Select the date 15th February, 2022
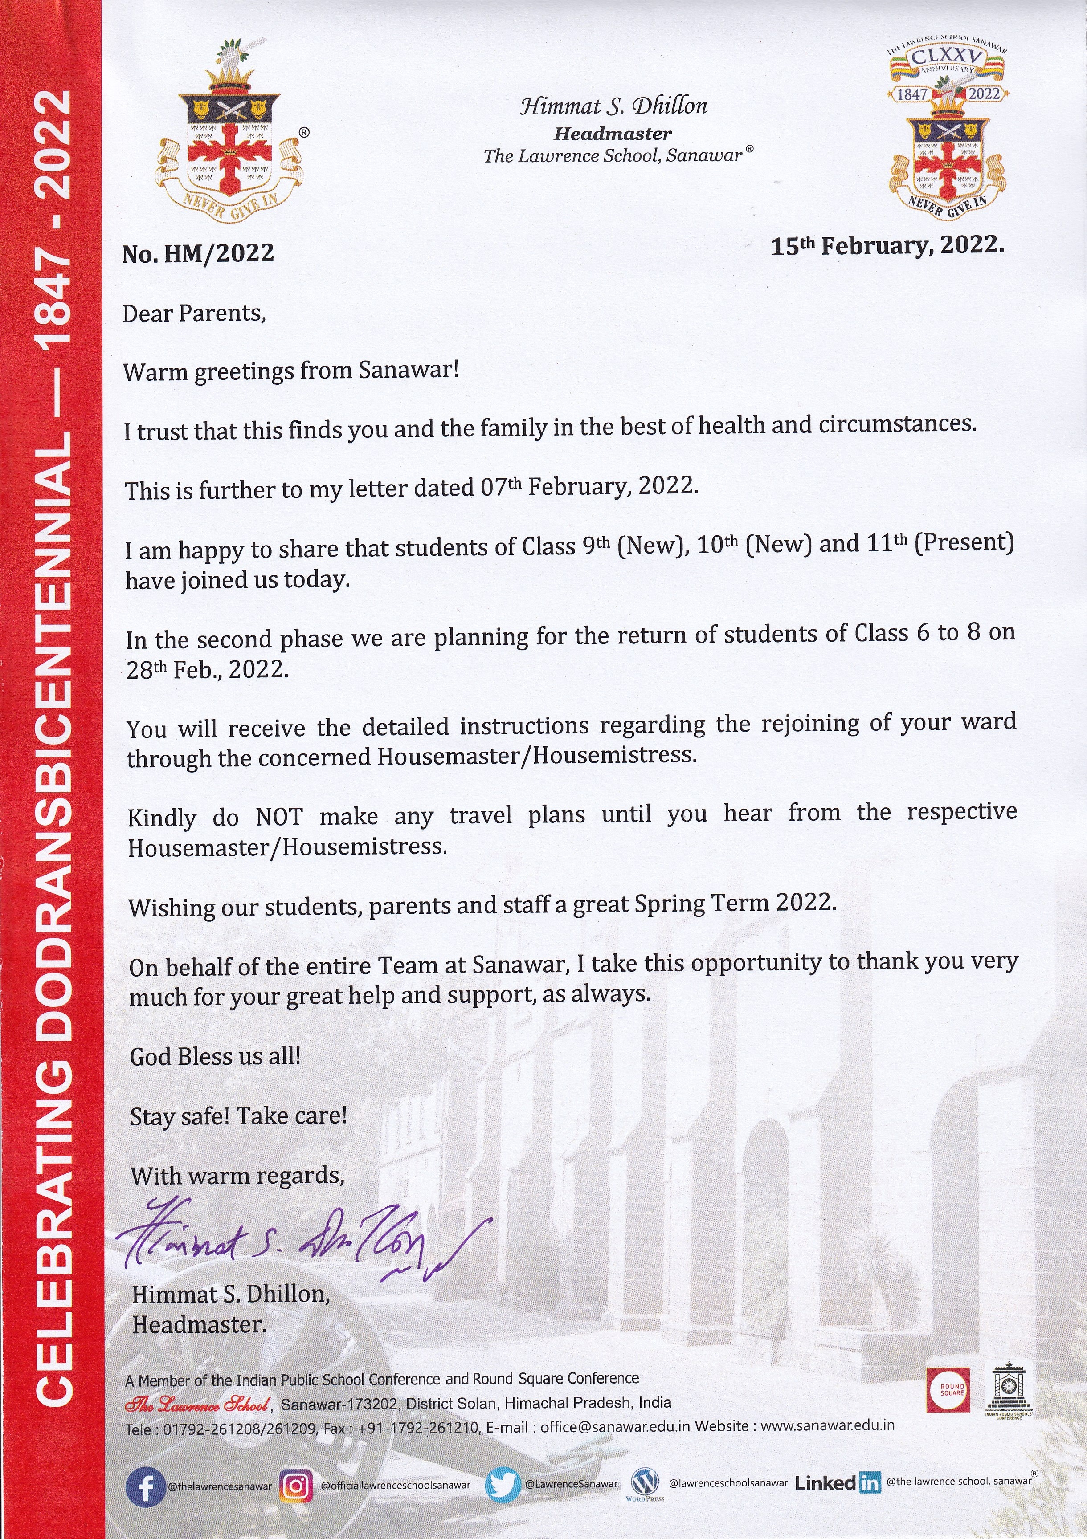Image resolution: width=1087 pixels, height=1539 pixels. tap(887, 246)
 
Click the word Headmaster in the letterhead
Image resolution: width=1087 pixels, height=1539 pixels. tap(612, 134)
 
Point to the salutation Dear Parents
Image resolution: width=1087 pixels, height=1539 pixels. tap(195, 313)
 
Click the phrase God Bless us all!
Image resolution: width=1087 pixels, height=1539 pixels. tap(215, 1057)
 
